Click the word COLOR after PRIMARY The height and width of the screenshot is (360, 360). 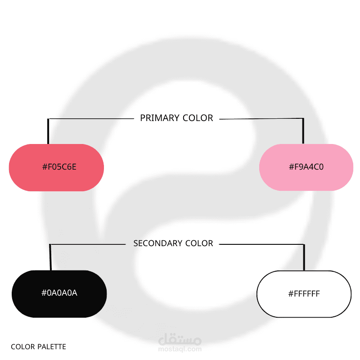[x=198, y=118]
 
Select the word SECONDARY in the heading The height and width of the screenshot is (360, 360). [x=157, y=243]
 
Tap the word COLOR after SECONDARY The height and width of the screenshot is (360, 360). [x=199, y=243]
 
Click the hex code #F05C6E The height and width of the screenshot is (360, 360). [x=59, y=167]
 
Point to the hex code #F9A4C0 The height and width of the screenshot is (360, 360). [x=306, y=167]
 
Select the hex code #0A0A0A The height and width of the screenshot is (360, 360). [x=59, y=293]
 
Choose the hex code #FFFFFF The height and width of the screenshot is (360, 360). [x=304, y=294]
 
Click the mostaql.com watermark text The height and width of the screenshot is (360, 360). [x=180, y=349]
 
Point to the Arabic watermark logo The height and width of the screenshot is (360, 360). [x=180, y=339]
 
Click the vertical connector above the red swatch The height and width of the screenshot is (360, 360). [x=48, y=131]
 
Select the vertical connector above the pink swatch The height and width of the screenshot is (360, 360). [x=303, y=131]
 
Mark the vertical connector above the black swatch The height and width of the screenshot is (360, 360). [x=50, y=257]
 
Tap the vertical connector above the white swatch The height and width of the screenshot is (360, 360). [x=304, y=257]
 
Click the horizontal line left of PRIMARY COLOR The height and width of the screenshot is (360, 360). [x=91, y=119]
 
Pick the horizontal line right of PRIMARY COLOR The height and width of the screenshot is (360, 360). [x=261, y=119]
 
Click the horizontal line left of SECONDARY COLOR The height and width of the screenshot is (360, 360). [x=88, y=244]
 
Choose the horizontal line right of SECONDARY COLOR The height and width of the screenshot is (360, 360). [x=262, y=244]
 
